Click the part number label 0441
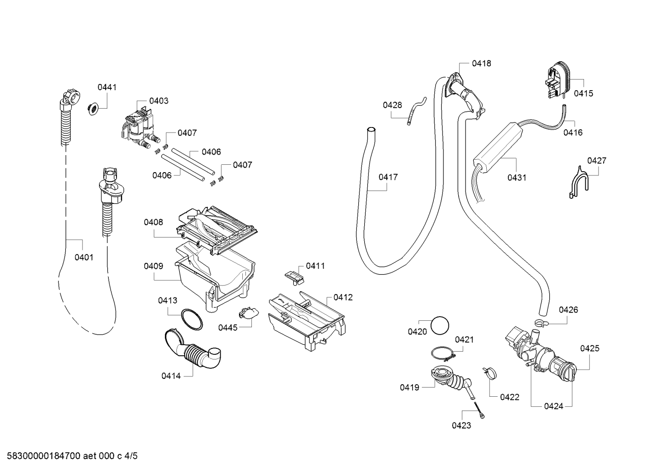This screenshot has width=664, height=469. point(107,87)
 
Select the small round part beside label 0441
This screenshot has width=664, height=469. point(93,109)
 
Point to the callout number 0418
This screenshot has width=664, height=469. point(481,64)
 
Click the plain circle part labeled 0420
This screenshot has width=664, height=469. point(440,325)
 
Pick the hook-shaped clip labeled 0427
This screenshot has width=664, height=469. point(579,183)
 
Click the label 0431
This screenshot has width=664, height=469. point(517,178)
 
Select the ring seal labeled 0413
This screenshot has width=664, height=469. point(192,319)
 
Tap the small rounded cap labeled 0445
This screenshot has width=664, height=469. point(248,313)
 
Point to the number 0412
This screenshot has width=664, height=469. point(343,297)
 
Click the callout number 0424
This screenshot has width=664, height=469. point(553,406)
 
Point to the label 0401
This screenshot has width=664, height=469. point(84,257)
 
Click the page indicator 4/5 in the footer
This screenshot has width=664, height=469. point(131,456)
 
